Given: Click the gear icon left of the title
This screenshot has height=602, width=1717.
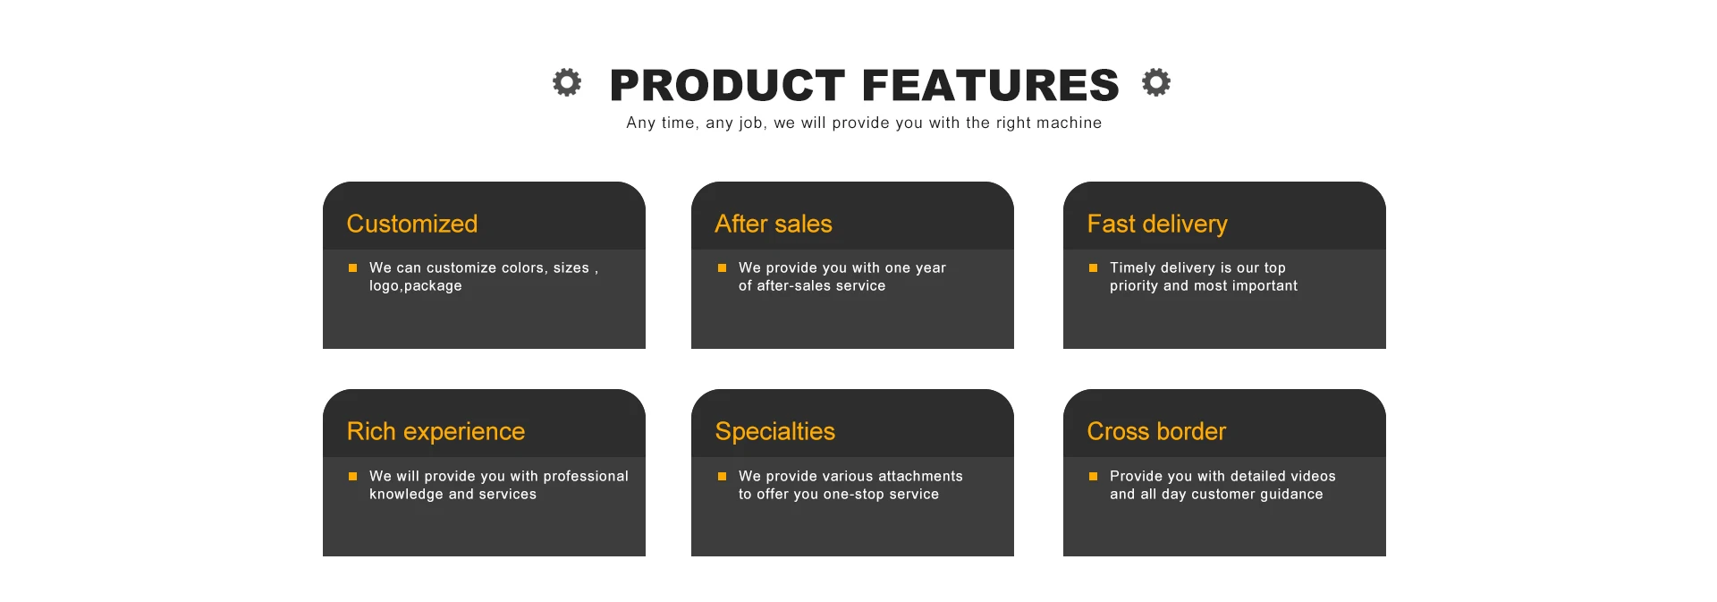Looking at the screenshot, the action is (566, 82).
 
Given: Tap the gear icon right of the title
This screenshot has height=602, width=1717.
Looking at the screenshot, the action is (1156, 82).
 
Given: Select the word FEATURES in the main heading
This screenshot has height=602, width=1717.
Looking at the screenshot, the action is (991, 86).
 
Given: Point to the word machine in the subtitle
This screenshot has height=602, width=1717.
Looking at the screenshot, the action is (1069, 123).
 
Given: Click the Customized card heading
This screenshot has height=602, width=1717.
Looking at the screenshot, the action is (412, 224).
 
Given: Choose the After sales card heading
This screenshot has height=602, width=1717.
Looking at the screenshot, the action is (774, 224).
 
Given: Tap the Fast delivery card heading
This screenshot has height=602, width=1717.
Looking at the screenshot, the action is (1157, 225).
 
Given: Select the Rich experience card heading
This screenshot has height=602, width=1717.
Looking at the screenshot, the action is (436, 432).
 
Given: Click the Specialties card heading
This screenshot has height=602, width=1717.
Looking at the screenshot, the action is (775, 432).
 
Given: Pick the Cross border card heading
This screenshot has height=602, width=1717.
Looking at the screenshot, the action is (1156, 431).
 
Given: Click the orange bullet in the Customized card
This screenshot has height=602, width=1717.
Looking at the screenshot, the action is (352, 267).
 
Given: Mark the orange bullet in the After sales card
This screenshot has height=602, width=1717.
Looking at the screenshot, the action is (722, 267).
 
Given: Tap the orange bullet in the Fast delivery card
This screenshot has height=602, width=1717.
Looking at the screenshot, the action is (1093, 267).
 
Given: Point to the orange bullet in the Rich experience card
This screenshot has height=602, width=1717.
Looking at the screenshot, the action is (352, 476).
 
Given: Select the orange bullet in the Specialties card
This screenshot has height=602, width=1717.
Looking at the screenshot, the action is (722, 476).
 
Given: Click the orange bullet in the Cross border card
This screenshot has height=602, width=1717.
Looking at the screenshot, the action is (1093, 476).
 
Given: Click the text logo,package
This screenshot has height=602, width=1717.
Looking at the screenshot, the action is (416, 286).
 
